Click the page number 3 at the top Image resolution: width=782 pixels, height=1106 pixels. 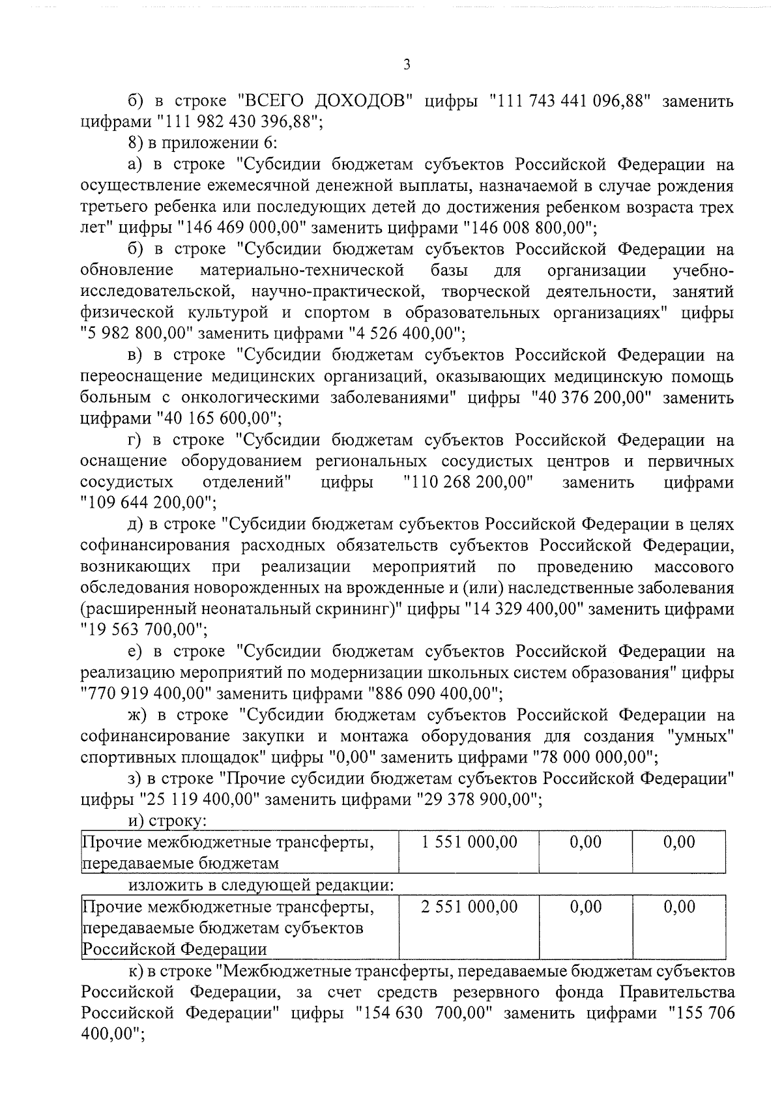[x=407, y=64]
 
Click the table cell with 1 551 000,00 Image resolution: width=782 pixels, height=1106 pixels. [x=469, y=842]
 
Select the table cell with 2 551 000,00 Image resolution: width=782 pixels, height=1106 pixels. [x=469, y=907]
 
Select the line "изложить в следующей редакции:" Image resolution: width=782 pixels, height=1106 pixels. [x=261, y=885]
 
